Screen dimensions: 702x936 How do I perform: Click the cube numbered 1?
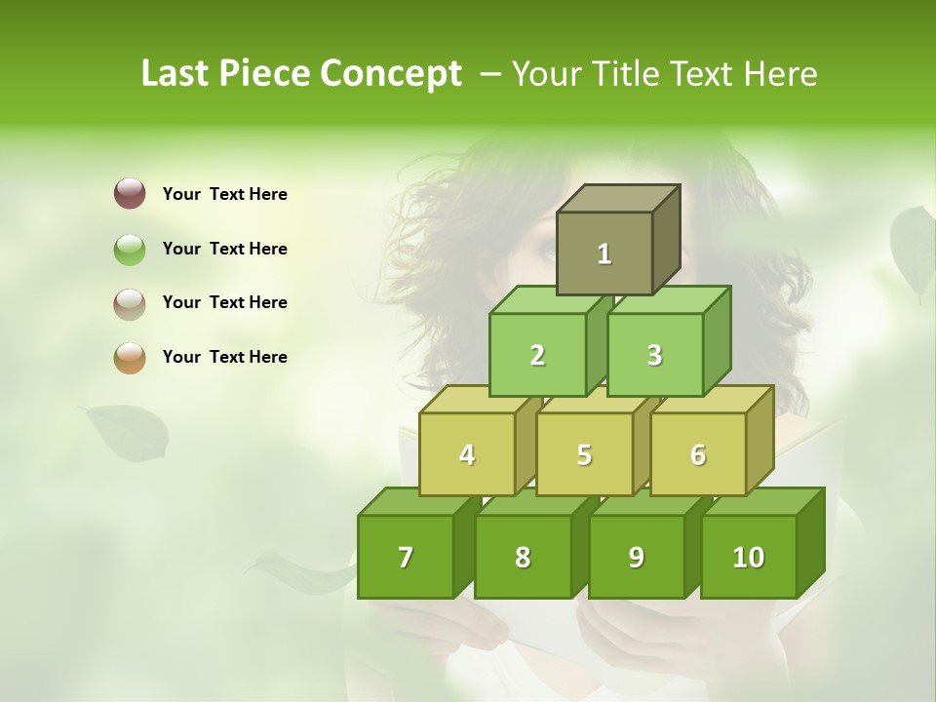(x=604, y=253)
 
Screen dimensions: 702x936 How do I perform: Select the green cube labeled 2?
(x=537, y=355)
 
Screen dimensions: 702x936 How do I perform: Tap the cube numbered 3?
(x=654, y=355)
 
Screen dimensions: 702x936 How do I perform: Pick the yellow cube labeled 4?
(x=467, y=454)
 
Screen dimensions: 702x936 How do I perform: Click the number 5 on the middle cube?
(x=584, y=454)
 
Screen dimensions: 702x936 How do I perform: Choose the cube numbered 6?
(x=698, y=454)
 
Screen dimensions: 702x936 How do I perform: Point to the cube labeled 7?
(x=406, y=557)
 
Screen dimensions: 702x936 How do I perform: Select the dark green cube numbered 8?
(x=523, y=557)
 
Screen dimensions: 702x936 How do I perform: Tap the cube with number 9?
(x=636, y=557)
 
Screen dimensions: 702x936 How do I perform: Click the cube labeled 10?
(x=748, y=557)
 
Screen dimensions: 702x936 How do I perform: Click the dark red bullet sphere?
(x=130, y=194)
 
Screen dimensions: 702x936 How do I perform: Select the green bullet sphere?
(x=130, y=249)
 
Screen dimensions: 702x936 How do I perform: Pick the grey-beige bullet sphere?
(x=130, y=303)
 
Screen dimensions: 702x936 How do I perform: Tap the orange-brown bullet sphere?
(x=130, y=357)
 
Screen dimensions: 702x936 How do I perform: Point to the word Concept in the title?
(x=390, y=74)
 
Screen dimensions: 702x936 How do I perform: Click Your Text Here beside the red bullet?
(x=225, y=194)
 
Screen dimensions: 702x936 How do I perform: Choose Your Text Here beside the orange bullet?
(x=225, y=357)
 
